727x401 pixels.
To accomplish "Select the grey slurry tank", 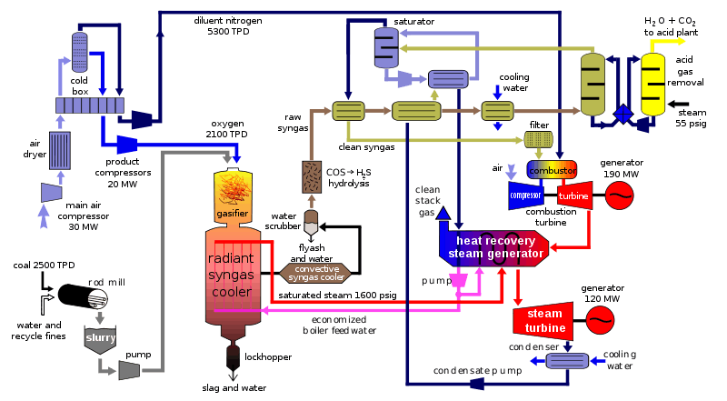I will coord(100,339).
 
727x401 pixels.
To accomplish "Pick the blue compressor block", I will coord(524,195).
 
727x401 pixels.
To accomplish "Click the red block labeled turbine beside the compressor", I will coord(574,195).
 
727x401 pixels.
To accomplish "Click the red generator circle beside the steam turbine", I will coord(600,320).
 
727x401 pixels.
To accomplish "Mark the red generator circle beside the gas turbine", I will coord(620,195).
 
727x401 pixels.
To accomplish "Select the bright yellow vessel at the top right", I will coord(652,85).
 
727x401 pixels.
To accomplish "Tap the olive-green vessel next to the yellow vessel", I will coord(593,85).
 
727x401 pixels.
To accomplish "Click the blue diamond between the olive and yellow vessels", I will coord(622,114).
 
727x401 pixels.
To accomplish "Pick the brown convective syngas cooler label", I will coord(315,273).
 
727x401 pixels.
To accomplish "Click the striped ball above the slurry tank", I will coord(98,298).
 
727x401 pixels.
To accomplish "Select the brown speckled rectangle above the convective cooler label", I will coord(312,176).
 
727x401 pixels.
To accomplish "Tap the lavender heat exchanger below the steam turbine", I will coord(567,361).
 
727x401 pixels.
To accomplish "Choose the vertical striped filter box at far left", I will coord(60,150).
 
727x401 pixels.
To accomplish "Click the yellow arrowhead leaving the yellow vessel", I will coord(682,41).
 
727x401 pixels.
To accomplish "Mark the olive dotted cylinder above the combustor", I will coord(539,139).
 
